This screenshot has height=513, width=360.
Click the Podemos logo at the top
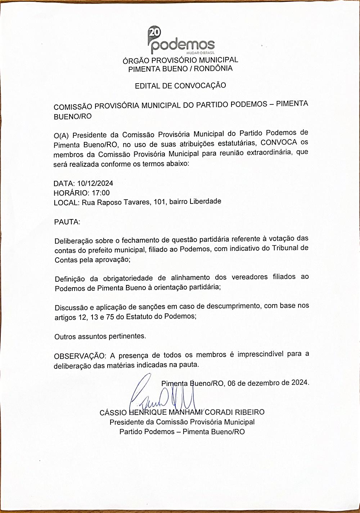pyautogui.click(x=181, y=40)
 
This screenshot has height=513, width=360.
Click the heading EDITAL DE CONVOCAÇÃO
pyautogui.click(x=180, y=86)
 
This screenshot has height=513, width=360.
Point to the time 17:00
pyautogui.click(x=101, y=193)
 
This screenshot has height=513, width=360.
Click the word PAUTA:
pyautogui.click(x=67, y=222)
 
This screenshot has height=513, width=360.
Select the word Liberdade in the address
pyautogui.click(x=204, y=201)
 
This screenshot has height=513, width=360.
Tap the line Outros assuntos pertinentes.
pyautogui.click(x=100, y=336)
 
